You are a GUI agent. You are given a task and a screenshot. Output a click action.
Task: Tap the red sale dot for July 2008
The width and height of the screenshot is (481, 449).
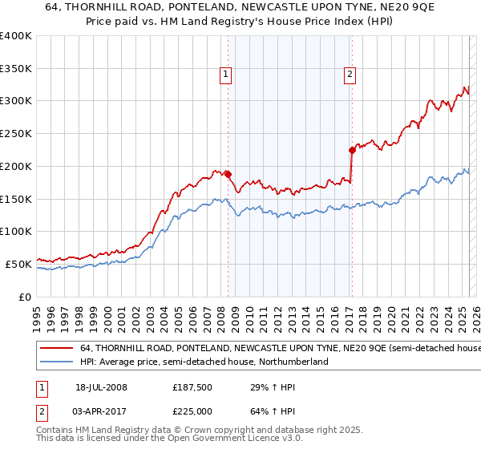[228, 174]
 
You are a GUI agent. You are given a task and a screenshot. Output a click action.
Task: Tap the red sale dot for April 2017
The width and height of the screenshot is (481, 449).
[352, 149]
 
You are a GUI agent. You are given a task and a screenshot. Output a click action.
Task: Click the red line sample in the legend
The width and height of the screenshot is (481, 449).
[56, 349]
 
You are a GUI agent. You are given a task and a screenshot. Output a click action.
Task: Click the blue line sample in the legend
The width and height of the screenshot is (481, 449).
[56, 362]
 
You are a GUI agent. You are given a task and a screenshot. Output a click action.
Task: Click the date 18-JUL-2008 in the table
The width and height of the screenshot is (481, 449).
[108, 388]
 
